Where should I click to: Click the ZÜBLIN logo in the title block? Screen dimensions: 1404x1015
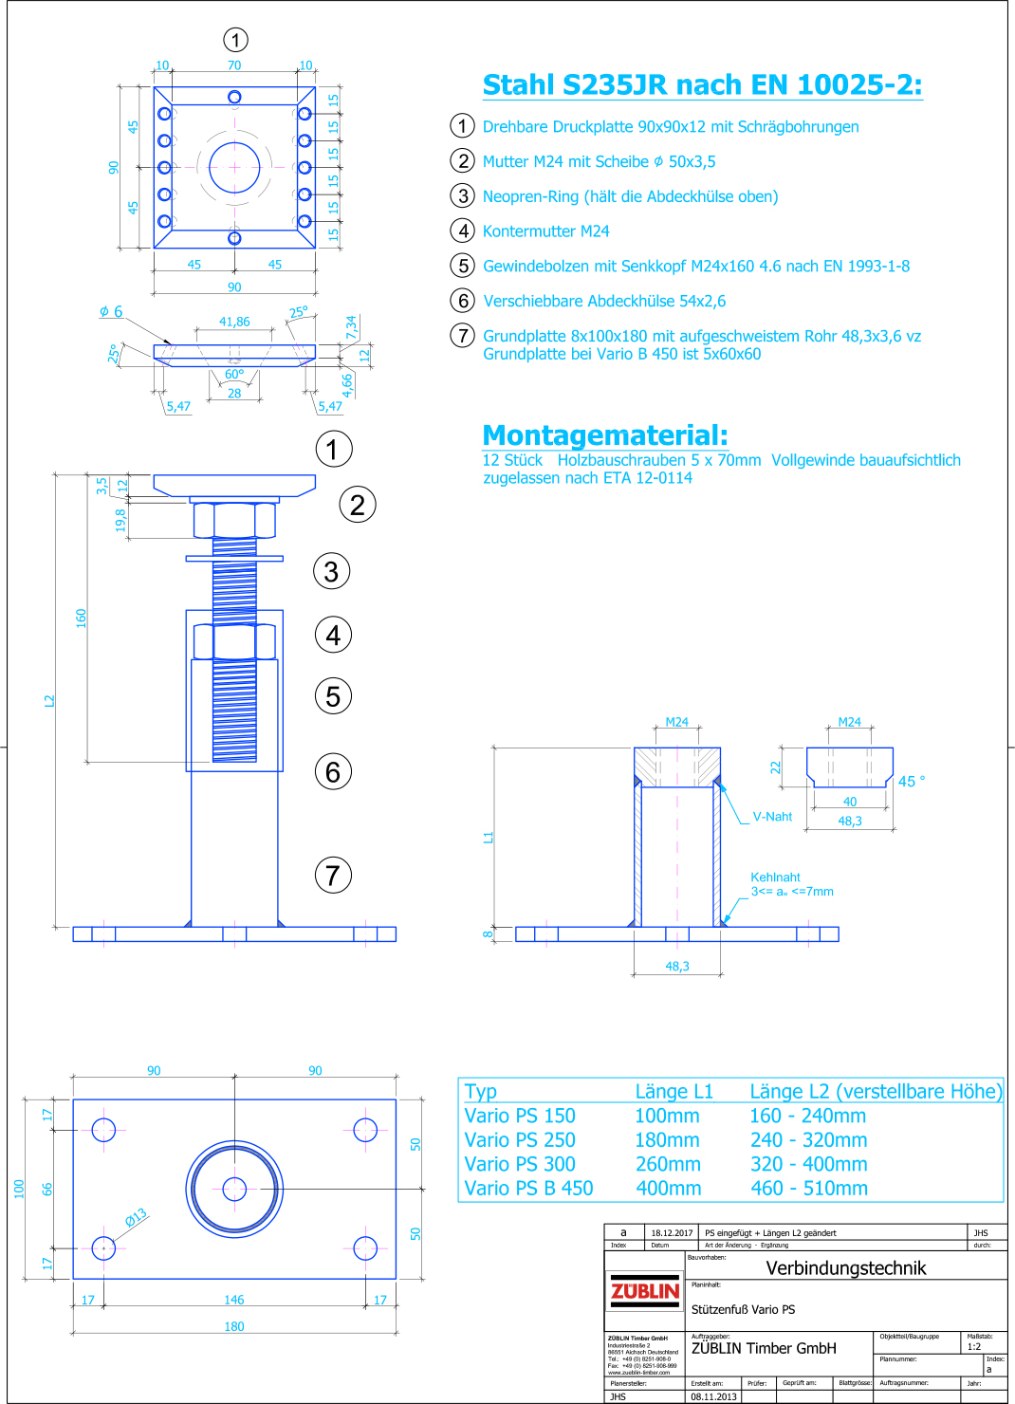click(645, 1291)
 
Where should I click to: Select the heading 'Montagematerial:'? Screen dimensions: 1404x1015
click(605, 435)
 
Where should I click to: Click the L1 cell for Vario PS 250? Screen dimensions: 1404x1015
click(667, 1140)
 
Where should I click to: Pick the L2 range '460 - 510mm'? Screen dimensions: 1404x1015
click(808, 1189)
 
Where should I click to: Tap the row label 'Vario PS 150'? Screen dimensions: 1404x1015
click(520, 1117)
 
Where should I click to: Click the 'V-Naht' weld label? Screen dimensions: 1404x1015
click(772, 817)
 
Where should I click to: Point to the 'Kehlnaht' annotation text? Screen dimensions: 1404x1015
click(775, 877)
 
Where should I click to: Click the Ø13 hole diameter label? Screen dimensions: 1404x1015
click(137, 1217)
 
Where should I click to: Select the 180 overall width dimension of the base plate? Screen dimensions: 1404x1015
click(234, 1326)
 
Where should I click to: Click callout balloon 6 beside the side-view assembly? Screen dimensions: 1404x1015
click(333, 772)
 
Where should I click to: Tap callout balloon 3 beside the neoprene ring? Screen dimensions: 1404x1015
click(331, 571)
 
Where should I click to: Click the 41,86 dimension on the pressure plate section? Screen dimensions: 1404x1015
click(234, 322)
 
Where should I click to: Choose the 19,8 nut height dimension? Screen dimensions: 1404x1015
click(120, 520)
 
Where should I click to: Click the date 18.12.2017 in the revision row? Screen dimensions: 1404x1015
click(672, 1233)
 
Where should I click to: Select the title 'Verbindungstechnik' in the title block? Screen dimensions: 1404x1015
click(845, 1268)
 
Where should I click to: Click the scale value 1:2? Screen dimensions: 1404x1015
click(974, 1346)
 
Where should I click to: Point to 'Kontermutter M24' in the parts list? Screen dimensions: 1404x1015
click(545, 231)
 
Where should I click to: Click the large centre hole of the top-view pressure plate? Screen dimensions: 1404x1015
click(234, 168)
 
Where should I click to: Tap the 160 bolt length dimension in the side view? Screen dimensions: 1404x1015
click(81, 618)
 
